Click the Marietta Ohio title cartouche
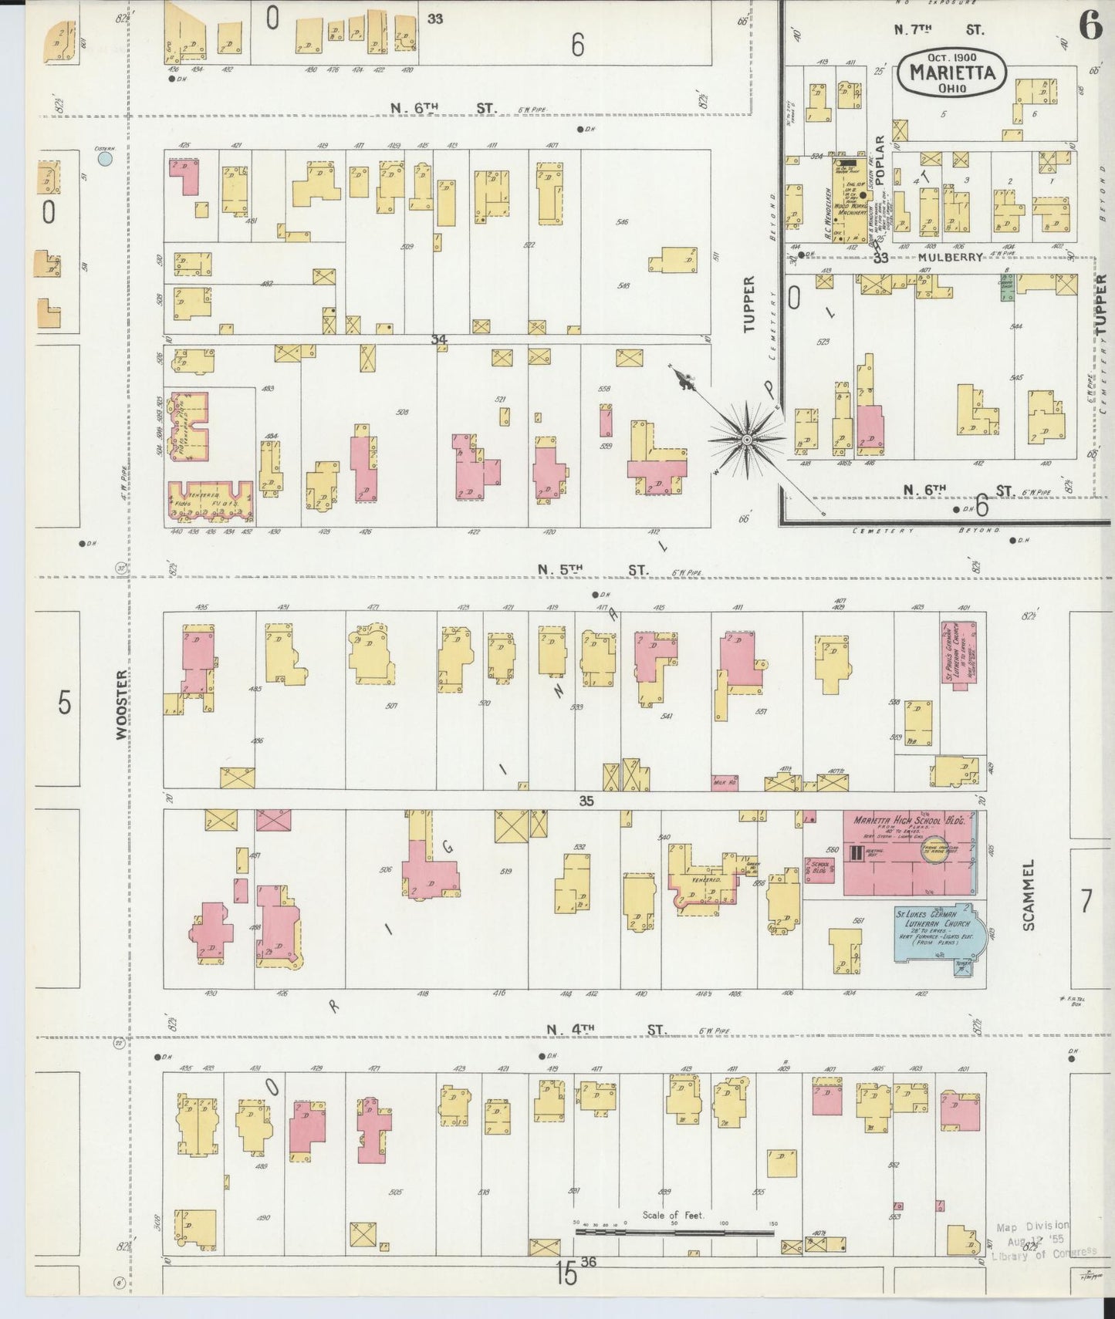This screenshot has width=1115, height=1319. [x=951, y=73]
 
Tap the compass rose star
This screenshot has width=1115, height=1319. [x=746, y=440]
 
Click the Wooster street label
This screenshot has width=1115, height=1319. [x=121, y=704]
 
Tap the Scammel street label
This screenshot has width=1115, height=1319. [x=1028, y=894]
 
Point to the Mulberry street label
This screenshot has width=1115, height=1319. [x=950, y=258]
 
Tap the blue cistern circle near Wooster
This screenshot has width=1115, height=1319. [x=105, y=159]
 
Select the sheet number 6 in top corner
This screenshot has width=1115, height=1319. [x=1090, y=26]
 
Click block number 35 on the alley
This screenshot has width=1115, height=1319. [x=586, y=801]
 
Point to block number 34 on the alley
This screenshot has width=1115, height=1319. [x=439, y=339]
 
